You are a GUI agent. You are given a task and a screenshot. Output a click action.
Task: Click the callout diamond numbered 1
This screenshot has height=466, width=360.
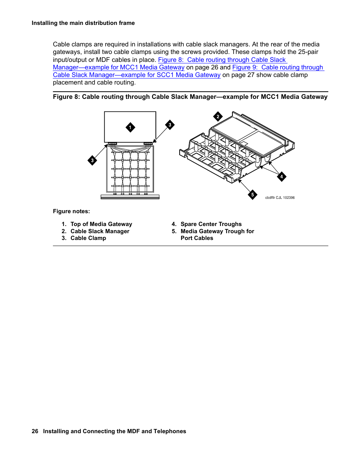click(130, 128)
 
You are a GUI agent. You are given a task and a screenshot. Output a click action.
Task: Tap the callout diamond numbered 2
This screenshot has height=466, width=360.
click(218, 117)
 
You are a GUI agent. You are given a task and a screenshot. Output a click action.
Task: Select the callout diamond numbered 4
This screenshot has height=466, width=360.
click(282, 177)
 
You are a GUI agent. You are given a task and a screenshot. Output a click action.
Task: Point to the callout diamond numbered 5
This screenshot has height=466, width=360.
click(252, 195)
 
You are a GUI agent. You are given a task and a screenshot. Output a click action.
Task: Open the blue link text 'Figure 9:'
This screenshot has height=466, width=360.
click(245, 67)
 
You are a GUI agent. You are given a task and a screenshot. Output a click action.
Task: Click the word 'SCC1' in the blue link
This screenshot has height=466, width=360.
click(165, 75)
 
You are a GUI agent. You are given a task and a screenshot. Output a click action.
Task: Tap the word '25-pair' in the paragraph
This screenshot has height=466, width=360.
click(308, 52)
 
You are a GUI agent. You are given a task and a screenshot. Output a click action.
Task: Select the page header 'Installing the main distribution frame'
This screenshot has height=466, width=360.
click(83, 23)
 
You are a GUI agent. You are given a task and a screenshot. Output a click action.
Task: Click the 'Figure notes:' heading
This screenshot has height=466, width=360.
click(71, 211)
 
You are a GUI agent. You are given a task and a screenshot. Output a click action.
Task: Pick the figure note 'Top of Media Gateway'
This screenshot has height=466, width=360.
click(101, 224)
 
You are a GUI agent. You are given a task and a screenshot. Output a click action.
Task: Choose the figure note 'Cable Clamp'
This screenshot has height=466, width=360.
click(88, 238)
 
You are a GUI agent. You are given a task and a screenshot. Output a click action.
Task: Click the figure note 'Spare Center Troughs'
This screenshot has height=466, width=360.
click(211, 224)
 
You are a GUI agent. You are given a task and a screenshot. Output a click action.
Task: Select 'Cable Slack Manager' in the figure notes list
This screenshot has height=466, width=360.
click(100, 231)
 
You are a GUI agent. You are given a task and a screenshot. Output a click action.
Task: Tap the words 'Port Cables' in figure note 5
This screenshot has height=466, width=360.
click(197, 238)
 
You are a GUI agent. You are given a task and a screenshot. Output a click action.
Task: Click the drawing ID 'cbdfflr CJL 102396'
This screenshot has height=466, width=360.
click(280, 198)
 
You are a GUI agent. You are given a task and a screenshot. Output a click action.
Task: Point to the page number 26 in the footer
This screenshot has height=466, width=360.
click(35, 431)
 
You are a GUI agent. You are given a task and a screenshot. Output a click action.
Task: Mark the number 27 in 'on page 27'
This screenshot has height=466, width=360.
click(251, 75)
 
